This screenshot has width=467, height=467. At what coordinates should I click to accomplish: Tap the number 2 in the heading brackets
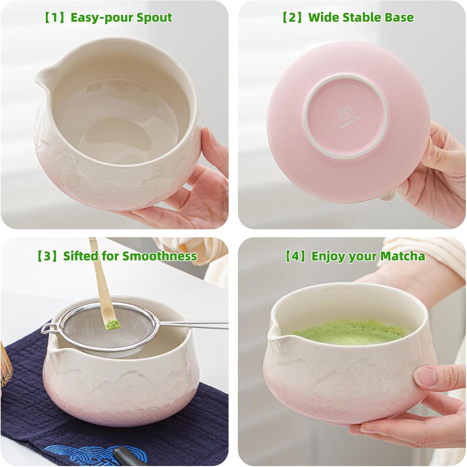click(x=292, y=17)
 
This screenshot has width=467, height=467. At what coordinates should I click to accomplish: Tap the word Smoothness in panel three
click(x=160, y=256)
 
